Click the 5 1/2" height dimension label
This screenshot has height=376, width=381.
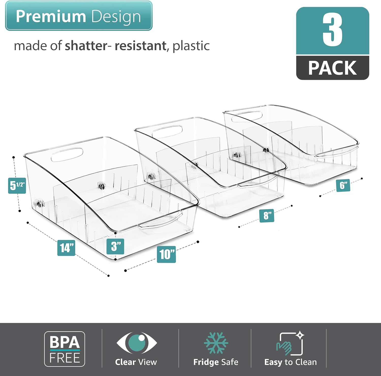point(17,186)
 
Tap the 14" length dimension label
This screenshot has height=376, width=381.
point(66,248)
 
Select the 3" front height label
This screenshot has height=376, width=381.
point(115,246)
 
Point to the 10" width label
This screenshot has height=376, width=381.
point(166,254)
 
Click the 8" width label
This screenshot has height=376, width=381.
point(267,216)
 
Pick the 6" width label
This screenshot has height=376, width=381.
point(343,185)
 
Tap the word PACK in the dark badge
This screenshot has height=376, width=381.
point(332,68)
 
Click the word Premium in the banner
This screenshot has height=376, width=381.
point(51,16)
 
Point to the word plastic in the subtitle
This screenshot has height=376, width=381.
point(191,46)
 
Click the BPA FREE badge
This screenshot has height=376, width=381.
point(65,349)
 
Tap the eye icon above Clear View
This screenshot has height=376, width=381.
point(137,342)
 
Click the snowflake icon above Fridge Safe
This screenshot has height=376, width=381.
point(216,343)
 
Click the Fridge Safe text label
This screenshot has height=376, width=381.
point(216,362)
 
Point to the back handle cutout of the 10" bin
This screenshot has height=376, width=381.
point(67,155)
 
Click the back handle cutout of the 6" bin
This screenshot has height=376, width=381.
point(247,115)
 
